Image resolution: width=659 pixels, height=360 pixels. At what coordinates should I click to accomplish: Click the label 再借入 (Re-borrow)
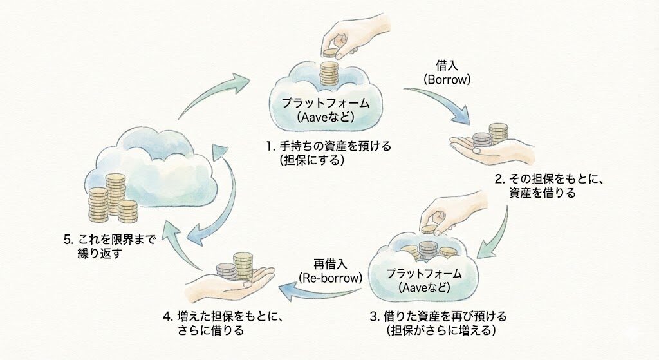(x=331, y=271)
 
